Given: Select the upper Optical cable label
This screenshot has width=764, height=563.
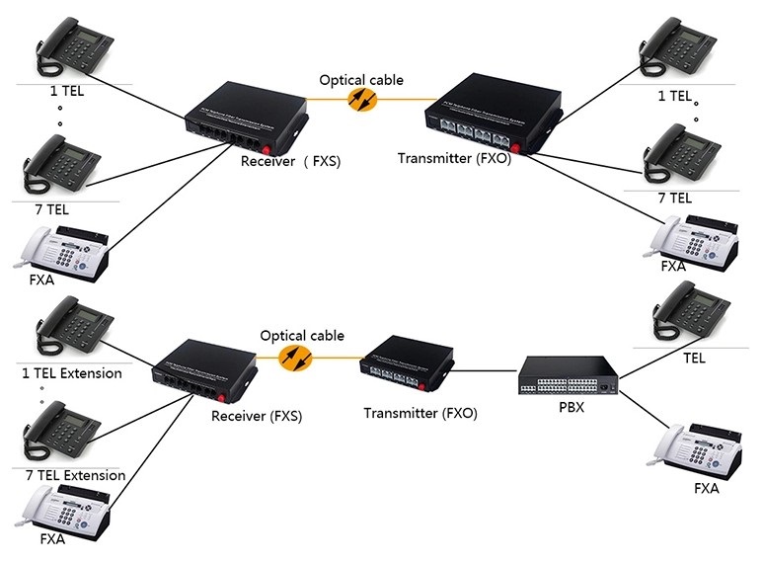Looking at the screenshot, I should [361, 80].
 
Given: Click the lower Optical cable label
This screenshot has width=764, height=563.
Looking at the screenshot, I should [302, 336].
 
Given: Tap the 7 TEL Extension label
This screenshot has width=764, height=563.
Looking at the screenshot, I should [76, 475].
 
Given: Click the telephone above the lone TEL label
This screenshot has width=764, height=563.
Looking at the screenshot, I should [693, 313].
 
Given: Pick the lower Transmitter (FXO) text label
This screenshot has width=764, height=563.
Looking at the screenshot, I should [420, 414].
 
